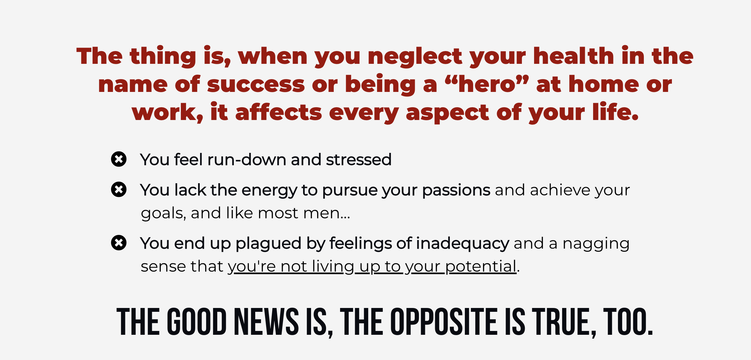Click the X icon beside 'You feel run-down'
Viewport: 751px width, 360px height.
point(119,159)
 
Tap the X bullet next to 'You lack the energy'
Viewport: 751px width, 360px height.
point(119,190)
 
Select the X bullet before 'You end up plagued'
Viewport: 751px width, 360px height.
point(119,243)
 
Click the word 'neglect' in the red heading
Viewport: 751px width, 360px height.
point(415,56)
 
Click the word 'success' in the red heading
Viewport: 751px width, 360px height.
point(256,85)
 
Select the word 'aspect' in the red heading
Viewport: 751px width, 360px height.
point(448,113)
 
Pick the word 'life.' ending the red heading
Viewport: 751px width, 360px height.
point(616,112)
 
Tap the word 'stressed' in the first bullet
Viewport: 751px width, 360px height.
point(359,160)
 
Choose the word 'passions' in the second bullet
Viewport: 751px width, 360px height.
point(456,191)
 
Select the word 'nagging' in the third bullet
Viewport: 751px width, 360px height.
point(596,244)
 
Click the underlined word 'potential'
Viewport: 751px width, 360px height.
point(481,266)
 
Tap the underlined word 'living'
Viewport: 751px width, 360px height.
point(333,266)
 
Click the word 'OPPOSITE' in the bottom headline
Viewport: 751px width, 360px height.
point(444,322)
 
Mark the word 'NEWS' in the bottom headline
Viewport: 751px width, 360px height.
point(266,322)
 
